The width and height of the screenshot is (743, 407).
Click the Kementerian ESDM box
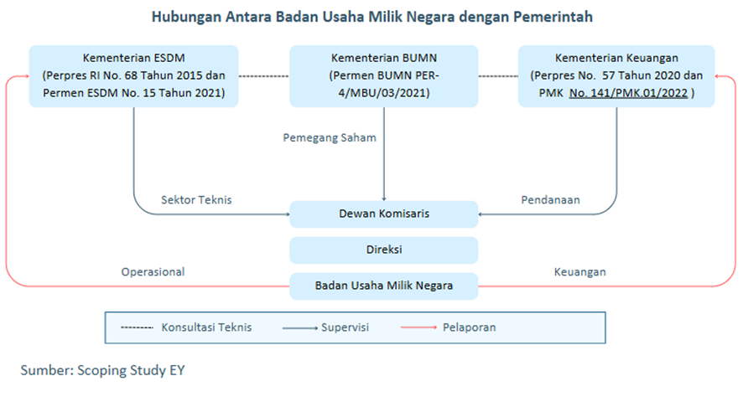(x=133, y=76)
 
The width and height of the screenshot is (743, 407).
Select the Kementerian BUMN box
(x=384, y=76)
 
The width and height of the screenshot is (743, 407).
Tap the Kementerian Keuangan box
(x=616, y=76)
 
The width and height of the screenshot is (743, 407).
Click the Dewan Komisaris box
(x=384, y=214)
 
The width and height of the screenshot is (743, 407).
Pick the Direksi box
(x=384, y=250)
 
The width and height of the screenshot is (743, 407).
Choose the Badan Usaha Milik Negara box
(x=384, y=286)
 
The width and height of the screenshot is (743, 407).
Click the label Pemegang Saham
(x=330, y=137)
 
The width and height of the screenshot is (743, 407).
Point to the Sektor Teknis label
(x=196, y=199)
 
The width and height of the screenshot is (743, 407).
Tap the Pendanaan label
(x=551, y=199)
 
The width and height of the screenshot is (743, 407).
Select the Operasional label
(x=153, y=272)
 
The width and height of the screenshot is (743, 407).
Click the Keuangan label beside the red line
(x=580, y=272)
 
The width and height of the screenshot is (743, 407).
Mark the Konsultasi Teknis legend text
(x=206, y=327)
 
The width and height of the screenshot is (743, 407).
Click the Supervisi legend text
(x=345, y=327)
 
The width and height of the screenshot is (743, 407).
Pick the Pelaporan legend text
(x=469, y=327)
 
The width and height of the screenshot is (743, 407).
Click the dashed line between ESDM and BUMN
(x=264, y=76)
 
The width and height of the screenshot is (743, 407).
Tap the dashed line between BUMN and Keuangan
(x=498, y=76)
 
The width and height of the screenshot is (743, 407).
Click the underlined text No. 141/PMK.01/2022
(x=628, y=93)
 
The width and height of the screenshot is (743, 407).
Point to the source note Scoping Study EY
(x=131, y=370)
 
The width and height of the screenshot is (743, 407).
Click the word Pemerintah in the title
(x=553, y=17)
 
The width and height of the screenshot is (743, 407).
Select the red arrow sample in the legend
(x=419, y=327)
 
